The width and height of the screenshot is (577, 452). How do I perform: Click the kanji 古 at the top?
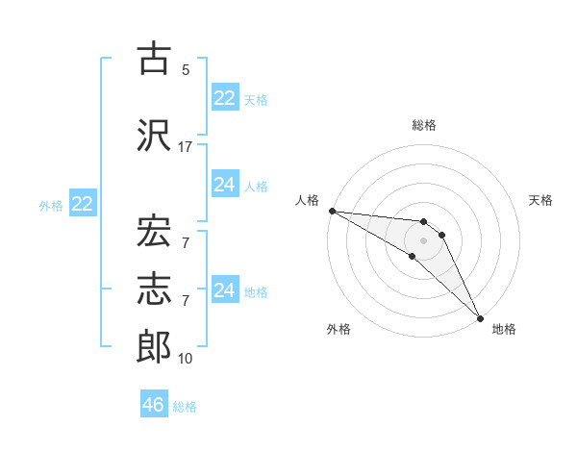(154, 59)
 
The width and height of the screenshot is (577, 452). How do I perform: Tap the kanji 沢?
(154, 135)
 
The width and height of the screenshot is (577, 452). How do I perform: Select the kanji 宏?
(154, 230)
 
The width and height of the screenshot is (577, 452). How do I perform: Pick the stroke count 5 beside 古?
(186, 70)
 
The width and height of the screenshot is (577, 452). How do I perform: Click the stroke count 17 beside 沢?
(186, 146)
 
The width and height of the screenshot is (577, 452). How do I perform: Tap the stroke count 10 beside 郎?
(186, 359)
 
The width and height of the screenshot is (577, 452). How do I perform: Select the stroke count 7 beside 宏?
(186, 241)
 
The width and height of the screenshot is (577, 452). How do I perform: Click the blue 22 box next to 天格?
(224, 98)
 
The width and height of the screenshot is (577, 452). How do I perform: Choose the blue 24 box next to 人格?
(224, 185)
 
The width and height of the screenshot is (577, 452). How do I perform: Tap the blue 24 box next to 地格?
(224, 290)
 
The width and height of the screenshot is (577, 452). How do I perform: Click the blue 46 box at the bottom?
(153, 405)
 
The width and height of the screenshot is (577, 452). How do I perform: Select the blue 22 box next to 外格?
(82, 204)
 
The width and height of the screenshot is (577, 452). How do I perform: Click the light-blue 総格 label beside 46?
(185, 407)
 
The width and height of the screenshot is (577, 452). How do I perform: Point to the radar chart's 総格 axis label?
(424, 125)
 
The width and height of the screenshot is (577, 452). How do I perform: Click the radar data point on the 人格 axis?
(332, 211)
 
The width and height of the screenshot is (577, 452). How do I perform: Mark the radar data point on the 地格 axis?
(480, 316)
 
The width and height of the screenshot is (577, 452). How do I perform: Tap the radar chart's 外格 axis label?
(339, 329)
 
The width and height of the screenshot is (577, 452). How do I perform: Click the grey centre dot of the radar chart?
(424, 240)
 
